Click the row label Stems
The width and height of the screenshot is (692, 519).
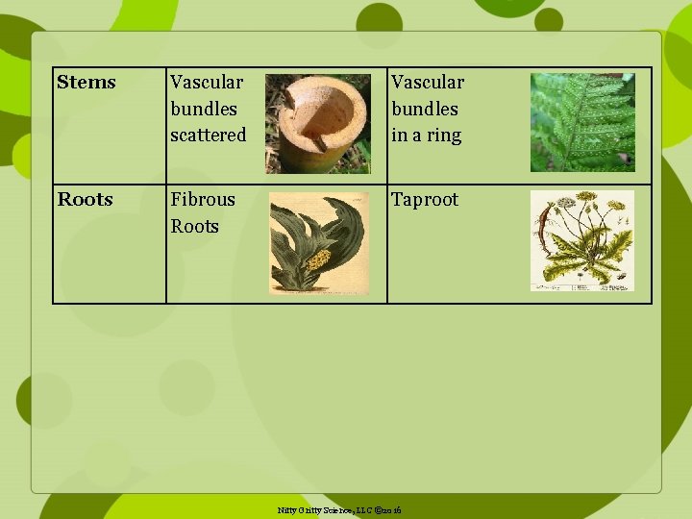coord(86,83)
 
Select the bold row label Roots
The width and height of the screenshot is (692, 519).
coord(86,200)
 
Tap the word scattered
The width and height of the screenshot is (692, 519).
coord(208,136)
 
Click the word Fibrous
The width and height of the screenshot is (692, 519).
coord(203,200)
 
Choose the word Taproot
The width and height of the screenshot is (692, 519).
coord(425,200)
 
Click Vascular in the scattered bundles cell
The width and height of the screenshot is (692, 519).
coord(207,83)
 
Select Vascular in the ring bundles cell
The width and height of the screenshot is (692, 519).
coord(428,83)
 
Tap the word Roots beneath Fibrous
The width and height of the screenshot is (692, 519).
coord(195,227)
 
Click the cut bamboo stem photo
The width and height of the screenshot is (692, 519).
coord(317,124)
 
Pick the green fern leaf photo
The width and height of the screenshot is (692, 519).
coord(582,122)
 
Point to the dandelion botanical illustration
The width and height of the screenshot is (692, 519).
coord(582,240)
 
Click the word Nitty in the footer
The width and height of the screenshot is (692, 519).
coord(287,509)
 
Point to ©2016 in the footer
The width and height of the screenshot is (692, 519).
coord(389,509)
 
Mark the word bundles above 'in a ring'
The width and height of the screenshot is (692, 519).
coord(425,110)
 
